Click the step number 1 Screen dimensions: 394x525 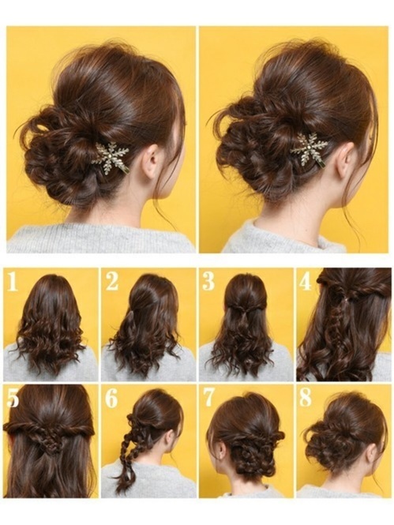(x=12, y=281)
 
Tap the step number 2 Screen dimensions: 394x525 (x=112, y=281)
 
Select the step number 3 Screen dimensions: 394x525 (x=208, y=281)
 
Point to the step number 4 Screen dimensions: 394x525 (x=305, y=281)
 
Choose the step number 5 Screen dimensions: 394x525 (x=13, y=398)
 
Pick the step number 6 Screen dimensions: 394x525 (x=111, y=398)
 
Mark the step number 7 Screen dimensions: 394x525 (x=208, y=398)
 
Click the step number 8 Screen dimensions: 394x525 (x=306, y=398)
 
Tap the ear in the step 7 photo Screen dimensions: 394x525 (x=221, y=445)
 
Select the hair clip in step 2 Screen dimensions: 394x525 (x=131, y=317)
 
